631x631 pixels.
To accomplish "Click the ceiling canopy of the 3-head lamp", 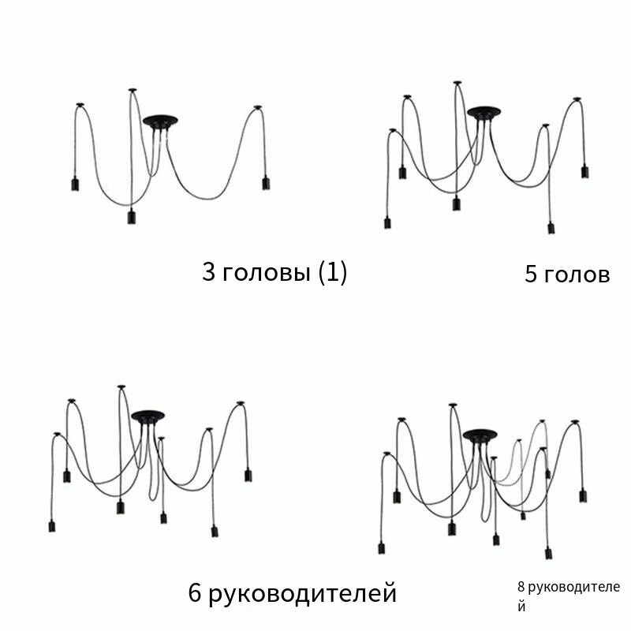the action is click(160, 121).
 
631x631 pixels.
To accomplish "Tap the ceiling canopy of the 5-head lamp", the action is click(484, 113).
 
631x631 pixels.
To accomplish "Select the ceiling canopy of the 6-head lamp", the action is click(147, 416).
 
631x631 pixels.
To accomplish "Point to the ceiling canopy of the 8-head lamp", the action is click(480, 436).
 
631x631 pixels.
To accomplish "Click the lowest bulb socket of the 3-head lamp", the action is click(132, 216).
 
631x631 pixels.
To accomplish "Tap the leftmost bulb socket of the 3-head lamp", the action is click(75, 184).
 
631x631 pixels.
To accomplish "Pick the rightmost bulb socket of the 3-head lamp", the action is click(266, 183).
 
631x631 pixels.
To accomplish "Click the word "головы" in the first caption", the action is click(267, 272).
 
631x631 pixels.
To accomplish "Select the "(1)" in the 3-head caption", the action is click(332, 272).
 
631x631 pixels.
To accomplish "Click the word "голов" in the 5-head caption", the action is click(577, 275).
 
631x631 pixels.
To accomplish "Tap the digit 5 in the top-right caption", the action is click(530, 274).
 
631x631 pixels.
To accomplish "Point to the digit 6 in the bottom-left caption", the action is click(194, 592).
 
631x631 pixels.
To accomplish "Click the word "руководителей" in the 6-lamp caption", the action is click(303, 594).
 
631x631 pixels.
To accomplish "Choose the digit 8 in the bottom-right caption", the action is click(521, 587).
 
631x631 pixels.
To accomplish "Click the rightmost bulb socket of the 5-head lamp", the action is click(584, 171).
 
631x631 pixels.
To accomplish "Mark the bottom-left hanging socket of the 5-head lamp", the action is click(387, 222).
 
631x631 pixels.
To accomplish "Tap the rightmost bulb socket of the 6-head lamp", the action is click(248, 475).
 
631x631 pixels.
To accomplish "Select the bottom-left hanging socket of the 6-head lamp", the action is click(52, 526).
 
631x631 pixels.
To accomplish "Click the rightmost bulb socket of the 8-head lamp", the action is click(583, 495).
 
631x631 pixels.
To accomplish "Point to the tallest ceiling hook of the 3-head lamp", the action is click(133, 90).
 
